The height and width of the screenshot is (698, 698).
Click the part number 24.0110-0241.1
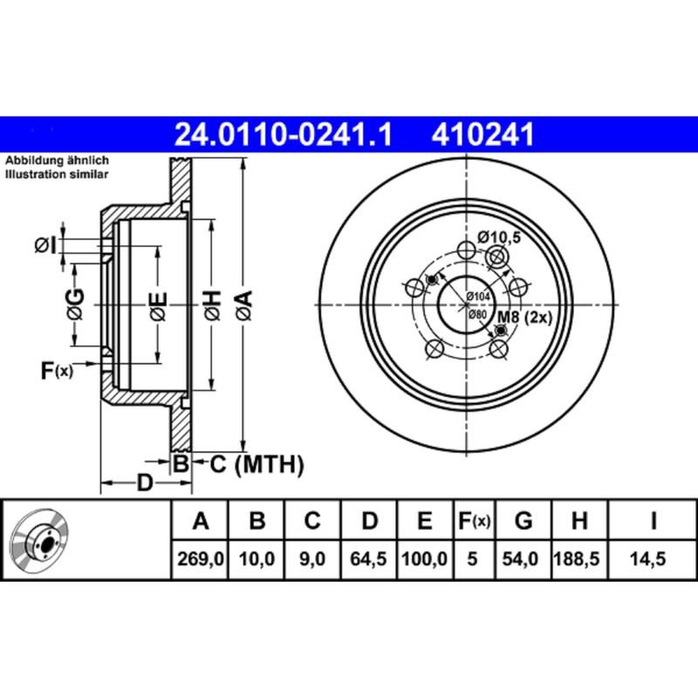pos(284,135)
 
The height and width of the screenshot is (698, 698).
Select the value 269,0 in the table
pos(201,557)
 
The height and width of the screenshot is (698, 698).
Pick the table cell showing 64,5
pos(369,557)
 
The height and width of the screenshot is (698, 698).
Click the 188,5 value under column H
pos(578,557)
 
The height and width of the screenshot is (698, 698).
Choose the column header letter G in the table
pos(523,523)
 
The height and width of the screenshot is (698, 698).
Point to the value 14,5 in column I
pos(653,557)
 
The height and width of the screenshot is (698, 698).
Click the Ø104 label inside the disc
pos(477,297)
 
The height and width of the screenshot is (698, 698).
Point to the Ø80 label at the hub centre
pos(476,313)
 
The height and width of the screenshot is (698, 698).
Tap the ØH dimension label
pos(212,305)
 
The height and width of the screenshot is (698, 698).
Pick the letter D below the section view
pos(146,482)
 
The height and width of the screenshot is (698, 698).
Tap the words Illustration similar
pos(58,174)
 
